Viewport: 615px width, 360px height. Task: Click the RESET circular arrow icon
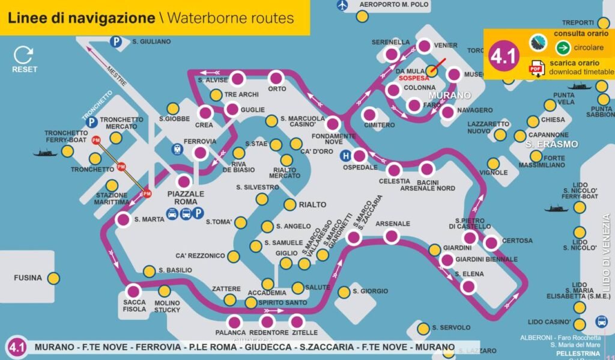(x=24, y=55)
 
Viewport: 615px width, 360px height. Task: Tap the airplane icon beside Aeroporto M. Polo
(x=343, y=5)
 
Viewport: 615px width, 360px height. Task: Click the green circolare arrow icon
(x=563, y=47)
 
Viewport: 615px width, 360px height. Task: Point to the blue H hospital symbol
(x=345, y=156)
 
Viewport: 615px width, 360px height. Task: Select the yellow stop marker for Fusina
(x=53, y=278)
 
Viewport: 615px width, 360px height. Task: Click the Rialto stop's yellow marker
(x=289, y=205)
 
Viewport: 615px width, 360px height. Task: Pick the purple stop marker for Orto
(x=276, y=78)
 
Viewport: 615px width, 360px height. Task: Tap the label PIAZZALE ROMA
(x=186, y=198)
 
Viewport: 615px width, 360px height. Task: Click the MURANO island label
(x=449, y=95)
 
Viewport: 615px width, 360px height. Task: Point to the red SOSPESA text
(x=414, y=78)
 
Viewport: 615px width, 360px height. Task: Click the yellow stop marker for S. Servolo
(x=423, y=328)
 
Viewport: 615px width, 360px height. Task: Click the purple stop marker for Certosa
(x=491, y=243)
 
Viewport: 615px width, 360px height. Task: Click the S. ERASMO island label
(x=551, y=144)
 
